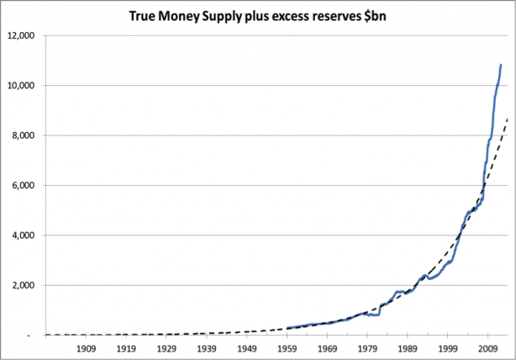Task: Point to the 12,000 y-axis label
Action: tap(22, 36)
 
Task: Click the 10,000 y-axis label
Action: tap(22, 86)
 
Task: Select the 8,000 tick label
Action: tap(24, 135)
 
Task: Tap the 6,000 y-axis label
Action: tap(24, 185)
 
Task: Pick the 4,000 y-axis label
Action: tap(24, 236)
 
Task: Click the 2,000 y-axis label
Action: tap(24, 285)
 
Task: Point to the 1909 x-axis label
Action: tap(85, 347)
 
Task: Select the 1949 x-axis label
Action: tap(247, 347)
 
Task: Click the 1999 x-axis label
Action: tap(449, 347)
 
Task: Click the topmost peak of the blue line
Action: tap(502, 65)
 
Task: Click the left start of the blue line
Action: tap(287, 328)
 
